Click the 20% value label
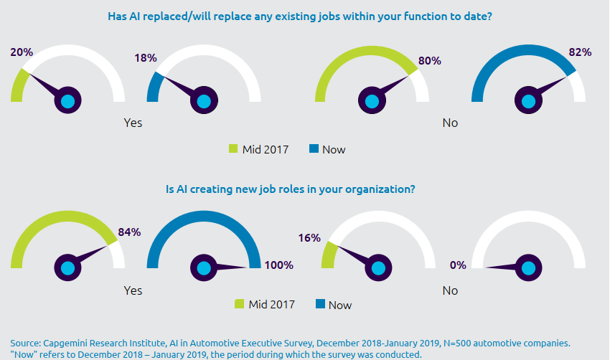coord(20,52)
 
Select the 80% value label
coord(429,61)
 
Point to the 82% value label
coord(580,52)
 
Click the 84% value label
coord(129,232)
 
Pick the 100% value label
coord(278,265)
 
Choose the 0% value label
coord(458,265)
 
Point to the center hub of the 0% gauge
coord(528,268)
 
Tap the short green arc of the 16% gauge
coord(328,255)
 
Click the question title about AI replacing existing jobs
coord(304,15)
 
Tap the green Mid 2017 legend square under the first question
coord(233,149)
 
